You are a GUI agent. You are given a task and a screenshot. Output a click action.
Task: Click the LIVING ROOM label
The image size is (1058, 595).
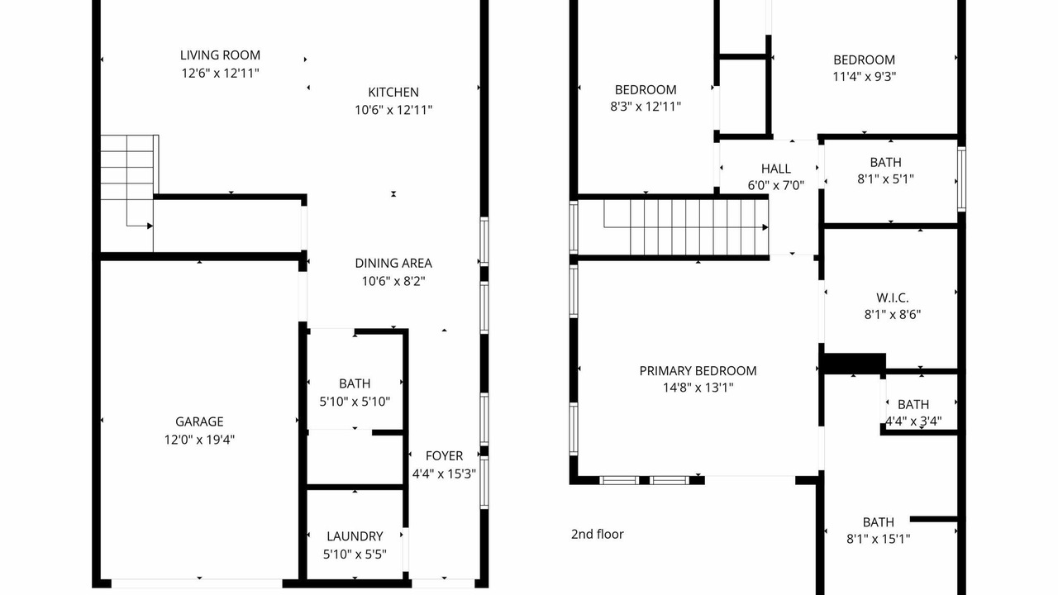[220, 55]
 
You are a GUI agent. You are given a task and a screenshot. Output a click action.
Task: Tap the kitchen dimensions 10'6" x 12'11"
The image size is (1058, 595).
[393, 110]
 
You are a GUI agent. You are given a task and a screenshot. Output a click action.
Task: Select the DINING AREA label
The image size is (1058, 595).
[393, 263]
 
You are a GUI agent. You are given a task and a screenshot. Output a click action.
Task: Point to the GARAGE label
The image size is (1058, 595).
[199, 421]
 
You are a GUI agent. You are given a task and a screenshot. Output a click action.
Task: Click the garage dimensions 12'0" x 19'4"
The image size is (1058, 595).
[199, 440]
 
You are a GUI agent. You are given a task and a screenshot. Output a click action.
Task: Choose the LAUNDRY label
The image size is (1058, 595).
[355, 536]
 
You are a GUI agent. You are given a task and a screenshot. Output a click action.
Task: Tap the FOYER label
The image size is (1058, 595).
[444, 455]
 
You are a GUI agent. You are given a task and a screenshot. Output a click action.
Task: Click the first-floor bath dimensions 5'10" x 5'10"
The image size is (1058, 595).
[355, 402]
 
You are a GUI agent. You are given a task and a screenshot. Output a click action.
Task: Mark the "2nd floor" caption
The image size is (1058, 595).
[598, 534]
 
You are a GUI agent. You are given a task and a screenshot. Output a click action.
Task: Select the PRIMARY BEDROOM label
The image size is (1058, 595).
[698, 371]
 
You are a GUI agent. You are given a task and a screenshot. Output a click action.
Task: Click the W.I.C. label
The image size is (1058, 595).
[893, 298]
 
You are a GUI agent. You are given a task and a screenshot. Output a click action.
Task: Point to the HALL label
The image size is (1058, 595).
[776, 169]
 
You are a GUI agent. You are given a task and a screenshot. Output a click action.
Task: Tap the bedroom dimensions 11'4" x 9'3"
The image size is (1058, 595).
[865, 77]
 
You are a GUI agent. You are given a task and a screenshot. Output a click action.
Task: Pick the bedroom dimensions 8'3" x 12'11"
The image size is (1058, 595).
[646, 107]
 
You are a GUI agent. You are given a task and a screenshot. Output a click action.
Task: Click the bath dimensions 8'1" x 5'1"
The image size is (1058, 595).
[885, 179]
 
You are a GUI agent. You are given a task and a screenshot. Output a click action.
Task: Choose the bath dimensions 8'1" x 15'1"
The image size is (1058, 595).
[879, 539]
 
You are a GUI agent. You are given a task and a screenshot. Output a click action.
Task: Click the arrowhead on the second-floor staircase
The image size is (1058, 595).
[765, 227]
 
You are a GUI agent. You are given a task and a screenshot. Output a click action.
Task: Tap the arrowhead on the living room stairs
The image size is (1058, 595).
[150, 226]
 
